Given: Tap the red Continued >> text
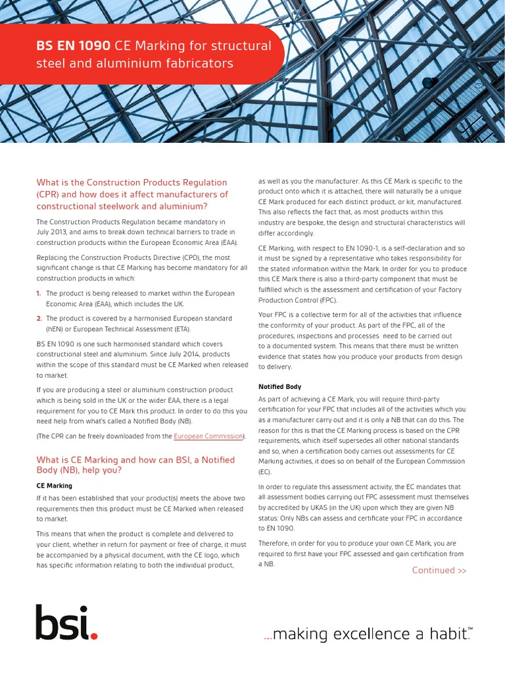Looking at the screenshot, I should pyautogui.click(x=439, y=570).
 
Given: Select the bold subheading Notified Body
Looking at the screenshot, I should pyautogui.click(x=279, y=386).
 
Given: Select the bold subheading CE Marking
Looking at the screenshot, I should pyautogui.click(x=54, y=485).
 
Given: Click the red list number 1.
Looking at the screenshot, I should pyautogui.click(x=39, y=292).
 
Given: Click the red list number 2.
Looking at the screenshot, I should pyautogui.click(x=39, y=318).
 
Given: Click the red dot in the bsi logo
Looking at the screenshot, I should pyautogui.click(x=94, y=636).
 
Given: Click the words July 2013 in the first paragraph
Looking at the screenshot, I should pyautogui.click(x=55, y=232).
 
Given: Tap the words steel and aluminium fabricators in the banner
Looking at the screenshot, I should pyautogui.click(x=134, y=64).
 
